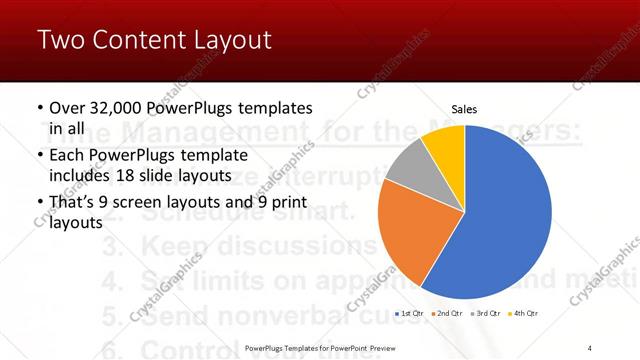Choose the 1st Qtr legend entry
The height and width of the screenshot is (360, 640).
(411, 314)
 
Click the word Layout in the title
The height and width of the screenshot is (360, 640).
(229, 41)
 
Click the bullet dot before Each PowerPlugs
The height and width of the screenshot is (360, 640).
(39, 156)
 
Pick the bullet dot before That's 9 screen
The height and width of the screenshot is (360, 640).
(39, 205)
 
